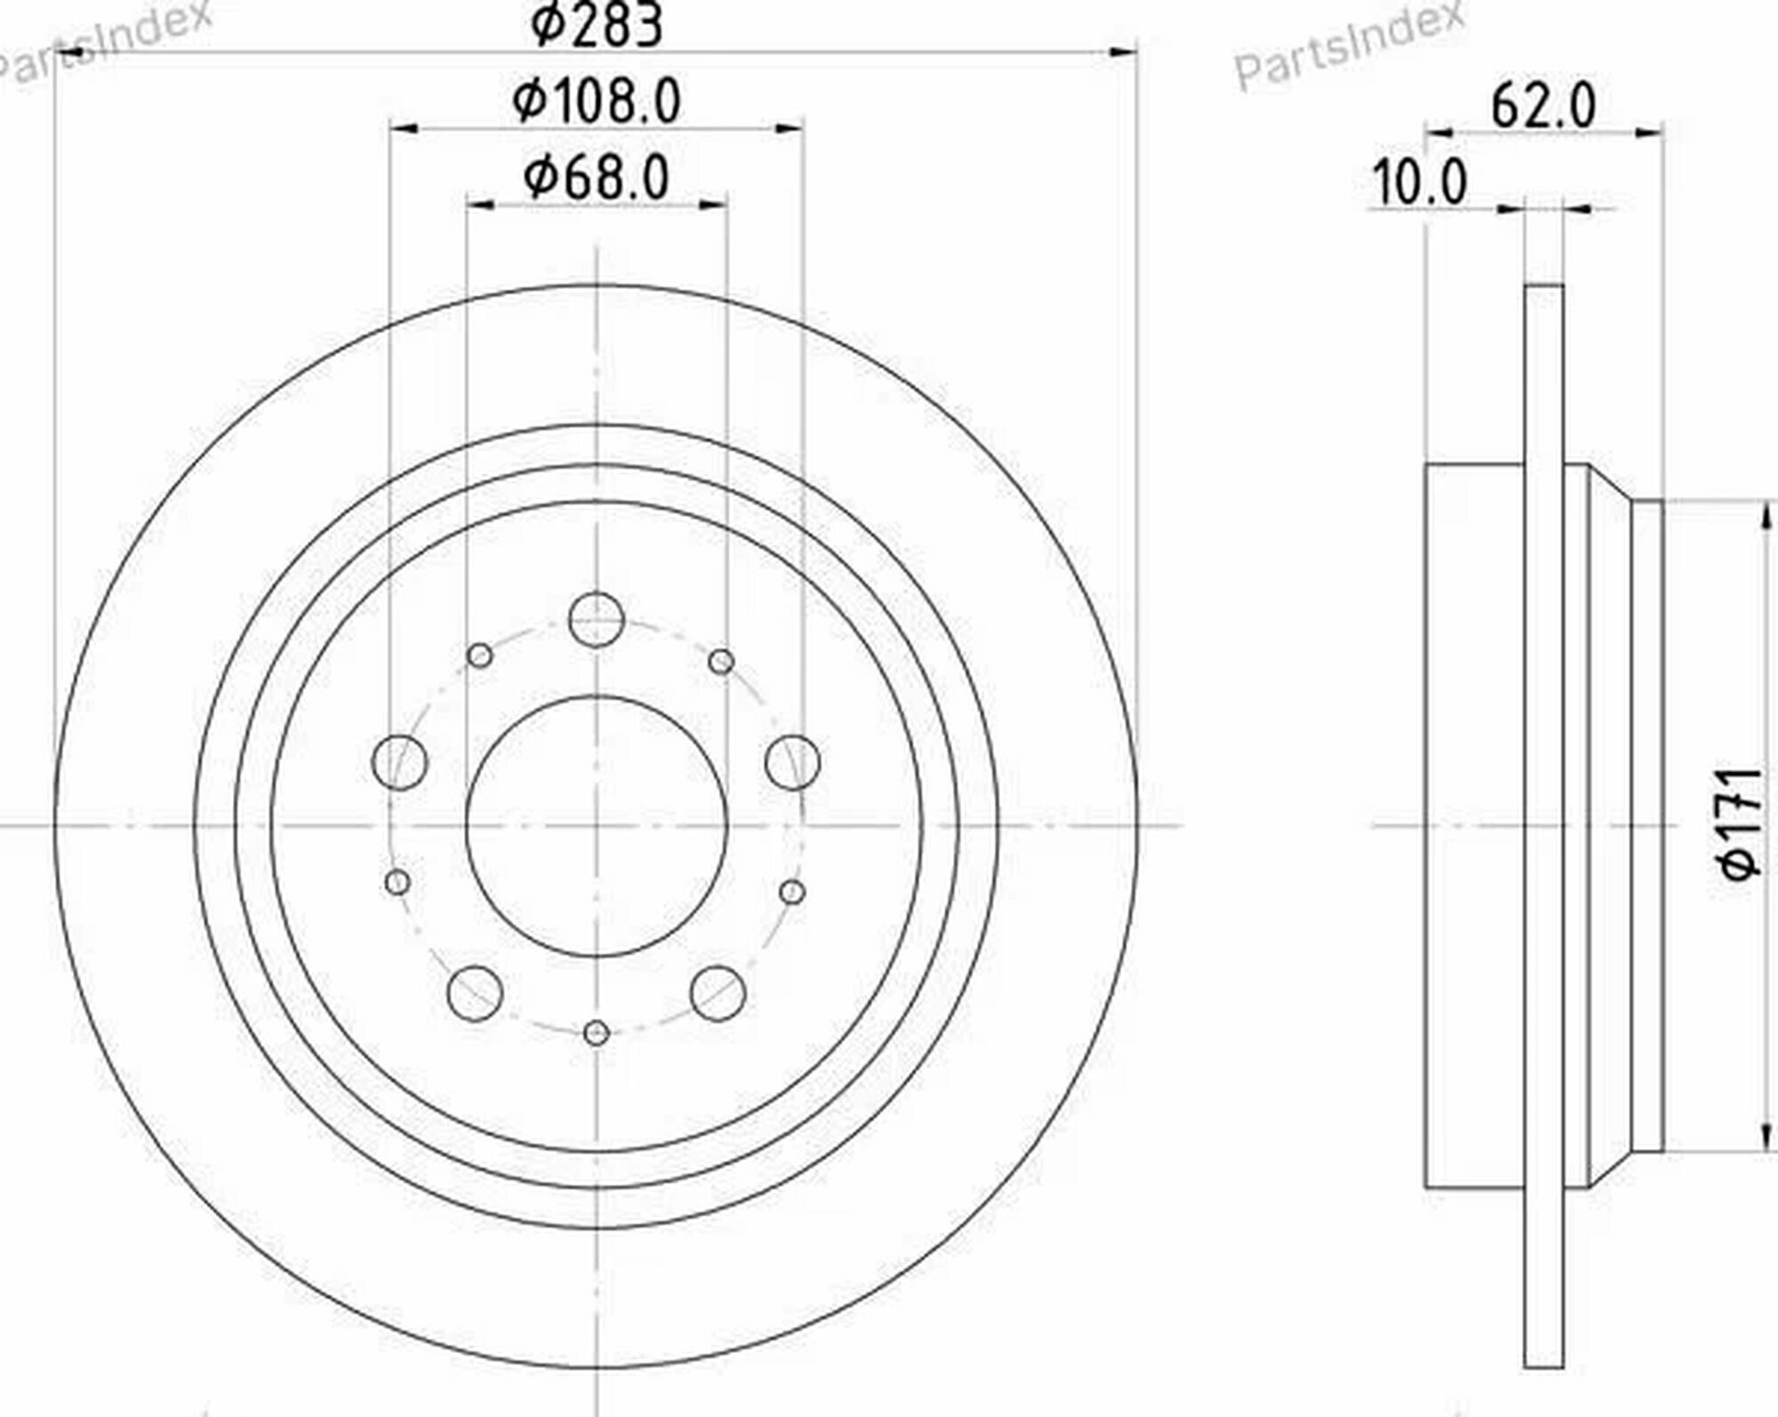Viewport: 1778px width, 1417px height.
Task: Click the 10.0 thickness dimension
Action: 1420,183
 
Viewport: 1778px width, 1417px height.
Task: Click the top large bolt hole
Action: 597,618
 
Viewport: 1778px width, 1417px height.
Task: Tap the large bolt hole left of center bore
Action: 399,762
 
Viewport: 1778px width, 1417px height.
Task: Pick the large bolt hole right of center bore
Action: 792,762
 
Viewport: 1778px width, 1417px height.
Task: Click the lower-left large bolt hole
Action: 476,993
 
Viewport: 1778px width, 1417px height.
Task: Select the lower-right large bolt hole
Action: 717,993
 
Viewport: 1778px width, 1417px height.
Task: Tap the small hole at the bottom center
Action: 597,1033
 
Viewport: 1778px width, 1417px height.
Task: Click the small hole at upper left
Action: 480,656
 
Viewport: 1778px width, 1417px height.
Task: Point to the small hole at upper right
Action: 721,661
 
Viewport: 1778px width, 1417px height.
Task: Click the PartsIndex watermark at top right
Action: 1349,44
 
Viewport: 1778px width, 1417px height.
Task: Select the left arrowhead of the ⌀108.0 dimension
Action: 404,131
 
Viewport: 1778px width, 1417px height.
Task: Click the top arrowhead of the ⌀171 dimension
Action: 1764,516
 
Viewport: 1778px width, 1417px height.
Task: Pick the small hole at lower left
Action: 398,882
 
